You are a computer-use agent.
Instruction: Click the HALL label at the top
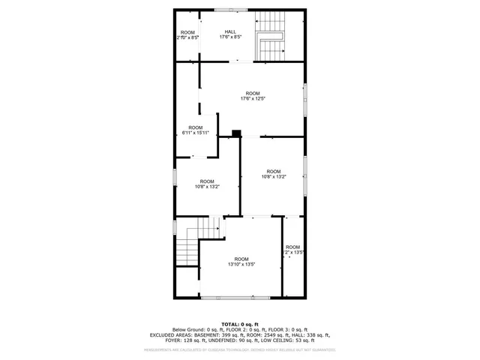pos(229,31)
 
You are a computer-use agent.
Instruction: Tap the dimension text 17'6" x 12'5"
pos(253,99)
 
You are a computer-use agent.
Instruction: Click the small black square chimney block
pos(236,134)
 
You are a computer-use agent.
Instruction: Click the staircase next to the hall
pos(271,37)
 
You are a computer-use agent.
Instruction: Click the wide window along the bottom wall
pos(229,298)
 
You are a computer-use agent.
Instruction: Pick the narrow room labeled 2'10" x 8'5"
pos(187,34)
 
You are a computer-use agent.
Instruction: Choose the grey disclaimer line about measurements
pos(240,349)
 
